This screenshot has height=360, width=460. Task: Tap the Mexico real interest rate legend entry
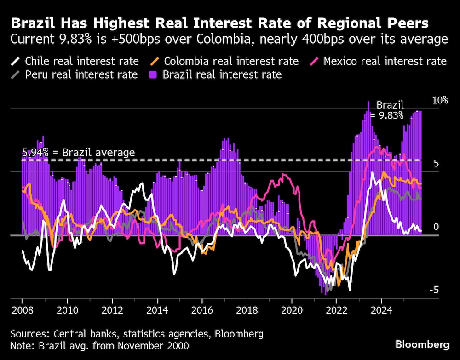click(x=379, y=61)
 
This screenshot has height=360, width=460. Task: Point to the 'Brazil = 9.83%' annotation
click(x=390, y=110)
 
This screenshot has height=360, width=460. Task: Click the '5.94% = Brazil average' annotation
click(x=78, y=153)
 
